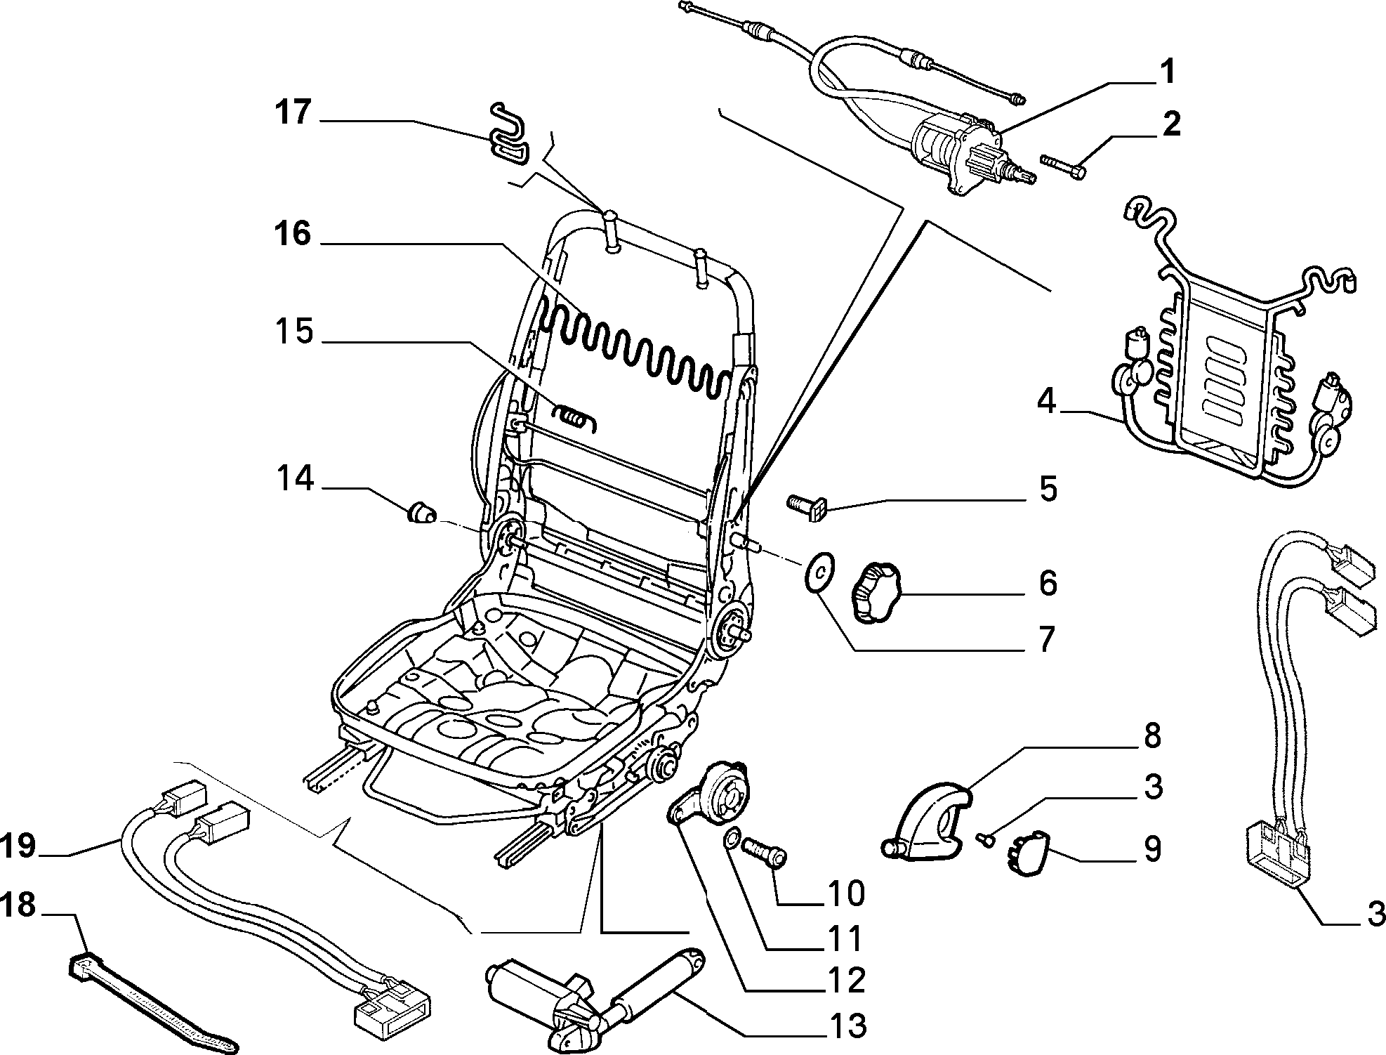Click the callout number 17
point(292,112)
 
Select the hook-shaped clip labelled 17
point(510,136)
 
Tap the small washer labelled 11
point(730,838)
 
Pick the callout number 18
point(19,905)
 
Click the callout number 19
point(19,845)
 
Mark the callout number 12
point(847,980)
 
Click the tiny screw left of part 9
point(984,837)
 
